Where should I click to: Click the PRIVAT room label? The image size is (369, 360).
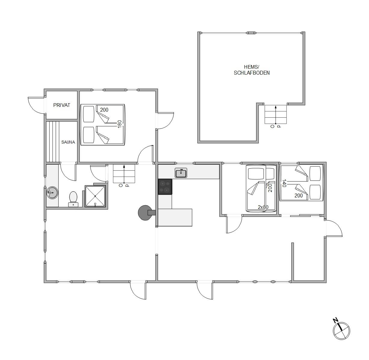(62, 105)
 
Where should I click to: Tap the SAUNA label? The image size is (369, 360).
(68, 142)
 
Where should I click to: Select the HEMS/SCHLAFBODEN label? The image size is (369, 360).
(252, 70)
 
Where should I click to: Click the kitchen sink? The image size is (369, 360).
(181, 173)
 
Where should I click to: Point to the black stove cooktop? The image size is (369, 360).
(165, 187)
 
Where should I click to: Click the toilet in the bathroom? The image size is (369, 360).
(73, 199)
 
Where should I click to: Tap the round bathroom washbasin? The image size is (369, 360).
(52, 193)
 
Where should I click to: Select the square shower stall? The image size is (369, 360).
(95, 196)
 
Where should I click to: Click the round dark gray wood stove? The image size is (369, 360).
(145, 213)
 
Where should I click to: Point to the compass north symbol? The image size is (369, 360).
(341, 331)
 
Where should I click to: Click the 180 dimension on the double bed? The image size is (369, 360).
(119, 124)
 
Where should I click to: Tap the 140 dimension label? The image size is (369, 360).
(284, 183)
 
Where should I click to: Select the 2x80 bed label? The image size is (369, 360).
(263, 207)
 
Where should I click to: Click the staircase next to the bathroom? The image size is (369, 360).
(124, 174)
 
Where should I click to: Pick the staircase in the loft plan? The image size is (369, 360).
(275, 114)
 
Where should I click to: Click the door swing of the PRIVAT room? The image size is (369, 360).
(37, 105)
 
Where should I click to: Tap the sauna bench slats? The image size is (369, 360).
(53, 142)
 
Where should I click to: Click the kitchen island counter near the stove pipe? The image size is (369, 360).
(175, 218)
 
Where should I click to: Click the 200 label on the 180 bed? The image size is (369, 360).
(104, 110)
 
